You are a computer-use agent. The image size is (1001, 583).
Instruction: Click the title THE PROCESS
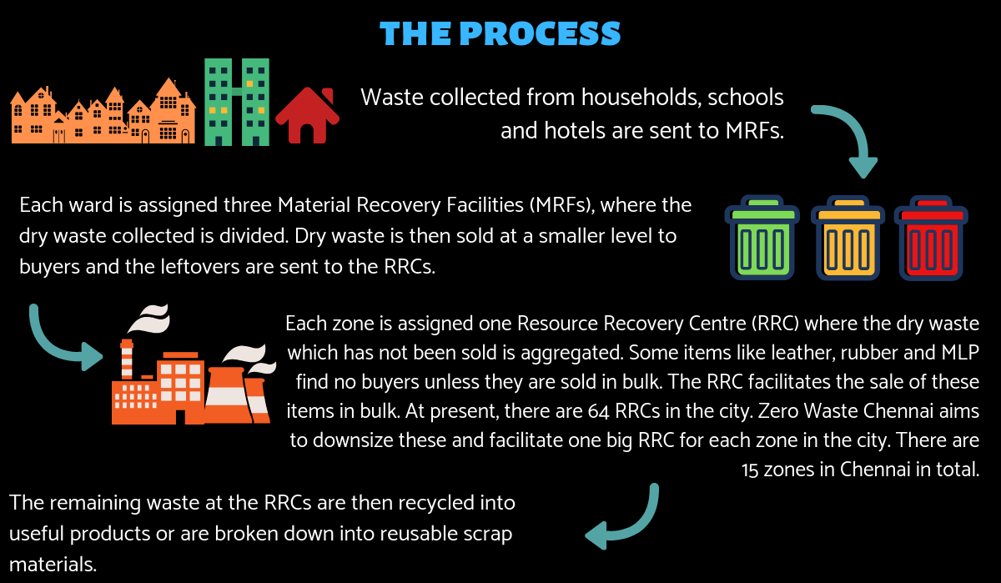pos(500,33)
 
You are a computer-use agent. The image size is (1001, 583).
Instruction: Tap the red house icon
pos(308,116)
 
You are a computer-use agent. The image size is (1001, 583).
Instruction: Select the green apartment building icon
pos(237,102)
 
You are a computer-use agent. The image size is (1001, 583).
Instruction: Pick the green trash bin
pos(762,238)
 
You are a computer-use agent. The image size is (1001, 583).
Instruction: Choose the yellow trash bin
pos(848,238)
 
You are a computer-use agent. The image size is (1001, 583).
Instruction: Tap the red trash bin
pos(931,238)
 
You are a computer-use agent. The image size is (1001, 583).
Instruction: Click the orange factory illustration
pos(194,364)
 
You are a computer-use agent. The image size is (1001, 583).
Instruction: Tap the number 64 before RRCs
pos(598,411)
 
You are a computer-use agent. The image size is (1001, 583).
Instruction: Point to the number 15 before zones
pos(750,470)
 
